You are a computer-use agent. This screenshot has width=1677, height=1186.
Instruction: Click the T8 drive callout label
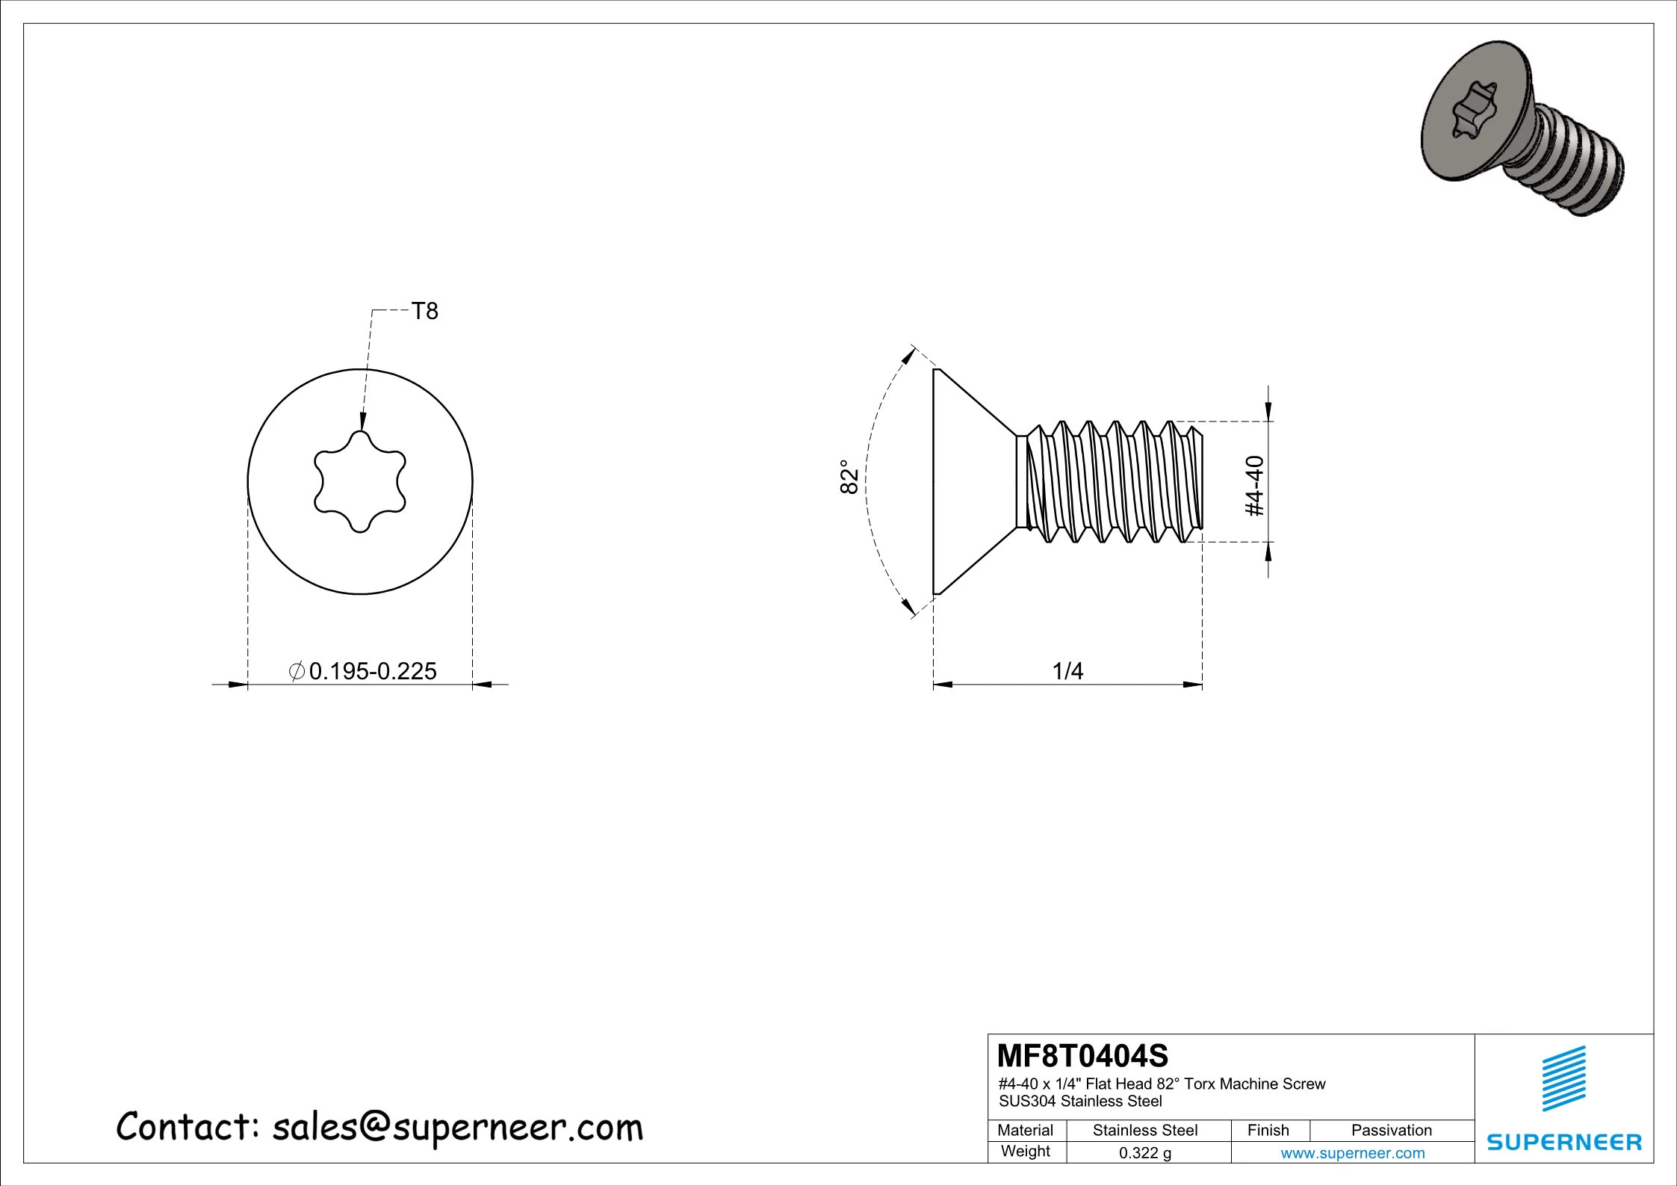tap(424, 311)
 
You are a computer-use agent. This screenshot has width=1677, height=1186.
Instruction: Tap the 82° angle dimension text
tap(849, 477)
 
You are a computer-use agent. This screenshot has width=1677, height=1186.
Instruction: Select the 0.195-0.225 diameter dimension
tap(372, 671)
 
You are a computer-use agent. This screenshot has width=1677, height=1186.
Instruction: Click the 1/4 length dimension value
tap(1067, 671)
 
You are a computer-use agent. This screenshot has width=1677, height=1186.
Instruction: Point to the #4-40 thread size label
tap(1256, 486)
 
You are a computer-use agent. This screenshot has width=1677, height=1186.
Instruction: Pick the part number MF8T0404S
tap(1082, 1056)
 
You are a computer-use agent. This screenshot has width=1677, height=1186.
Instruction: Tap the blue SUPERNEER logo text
tap(1563, 1142)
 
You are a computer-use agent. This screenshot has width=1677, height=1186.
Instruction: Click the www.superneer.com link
tap(1352, 1153)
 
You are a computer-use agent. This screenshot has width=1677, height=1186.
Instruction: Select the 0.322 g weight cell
tap(1144, 1153)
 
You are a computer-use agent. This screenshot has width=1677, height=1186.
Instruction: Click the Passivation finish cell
tap(1391, 1130)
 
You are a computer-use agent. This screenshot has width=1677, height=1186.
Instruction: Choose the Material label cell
tap(1025, 1130)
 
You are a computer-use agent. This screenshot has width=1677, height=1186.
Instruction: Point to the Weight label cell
tap(1025, 1152)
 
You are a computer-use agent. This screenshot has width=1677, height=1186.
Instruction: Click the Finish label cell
tap(1268, 1130)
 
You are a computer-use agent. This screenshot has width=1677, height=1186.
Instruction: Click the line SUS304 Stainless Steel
tap(1080, 1101)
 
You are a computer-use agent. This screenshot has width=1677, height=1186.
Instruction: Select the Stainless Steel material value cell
tap(1144, 1130)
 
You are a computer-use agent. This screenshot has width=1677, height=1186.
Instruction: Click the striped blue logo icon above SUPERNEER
tap(1563, 1079)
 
